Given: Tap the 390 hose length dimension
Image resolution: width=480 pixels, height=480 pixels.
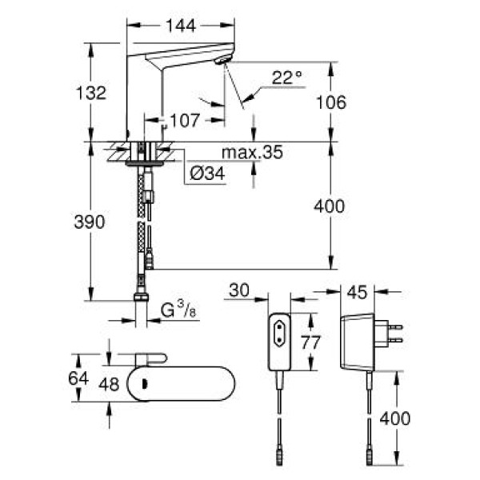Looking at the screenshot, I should click(90, 223).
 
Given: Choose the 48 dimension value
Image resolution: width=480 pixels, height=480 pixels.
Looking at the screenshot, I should click(107, 383).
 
